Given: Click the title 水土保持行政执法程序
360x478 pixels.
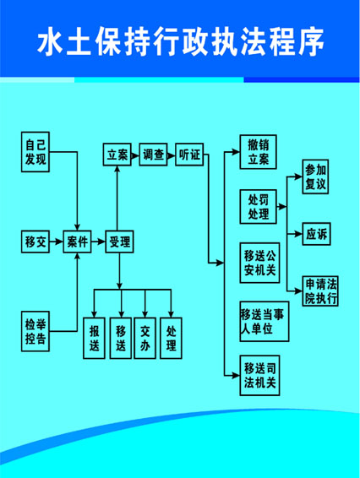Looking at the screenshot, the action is [x=180, y=41].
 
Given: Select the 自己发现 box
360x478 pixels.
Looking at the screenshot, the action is [x=35, y=152].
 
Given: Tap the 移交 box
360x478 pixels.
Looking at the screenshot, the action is [x=35, y=242].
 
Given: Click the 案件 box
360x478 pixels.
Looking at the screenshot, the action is [x=77, y=242].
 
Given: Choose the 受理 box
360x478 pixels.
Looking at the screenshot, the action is [x=120, y=242].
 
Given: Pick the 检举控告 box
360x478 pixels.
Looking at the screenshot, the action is [x=35, y=331].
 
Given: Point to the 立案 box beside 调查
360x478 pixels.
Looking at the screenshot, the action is [x=117, y=155].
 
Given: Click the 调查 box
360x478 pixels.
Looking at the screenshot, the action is [x=153, y=155].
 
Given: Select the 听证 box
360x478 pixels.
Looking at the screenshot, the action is [x=189, y=155].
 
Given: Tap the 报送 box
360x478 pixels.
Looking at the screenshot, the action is [x=95, y=338].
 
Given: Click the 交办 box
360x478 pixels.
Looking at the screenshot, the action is [x=145, y=338].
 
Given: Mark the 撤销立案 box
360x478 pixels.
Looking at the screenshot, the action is [x=258, y=152].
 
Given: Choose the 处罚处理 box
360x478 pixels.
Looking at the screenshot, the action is [x=258, y=207].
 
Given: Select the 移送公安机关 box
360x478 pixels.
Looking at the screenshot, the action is [x=259, y=263].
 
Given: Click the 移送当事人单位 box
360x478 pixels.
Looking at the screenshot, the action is [x=265, y=322].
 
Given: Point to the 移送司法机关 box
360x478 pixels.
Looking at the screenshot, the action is [x=259, y=376].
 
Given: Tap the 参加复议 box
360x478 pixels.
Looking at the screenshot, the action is [x=315, y=177].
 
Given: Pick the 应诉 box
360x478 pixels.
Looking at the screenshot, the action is [x=316, y=234].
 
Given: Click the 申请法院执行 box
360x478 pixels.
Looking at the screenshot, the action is [x=320, y=291].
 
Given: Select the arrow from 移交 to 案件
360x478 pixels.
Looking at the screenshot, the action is [x=56, y=242].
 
